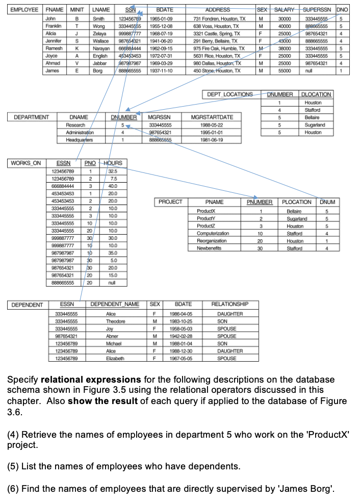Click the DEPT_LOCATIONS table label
click(230, 94)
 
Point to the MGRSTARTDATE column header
click(212, 117)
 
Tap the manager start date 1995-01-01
click(212, 132)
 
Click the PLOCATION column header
click(297, 202)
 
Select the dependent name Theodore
click(115, 321)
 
